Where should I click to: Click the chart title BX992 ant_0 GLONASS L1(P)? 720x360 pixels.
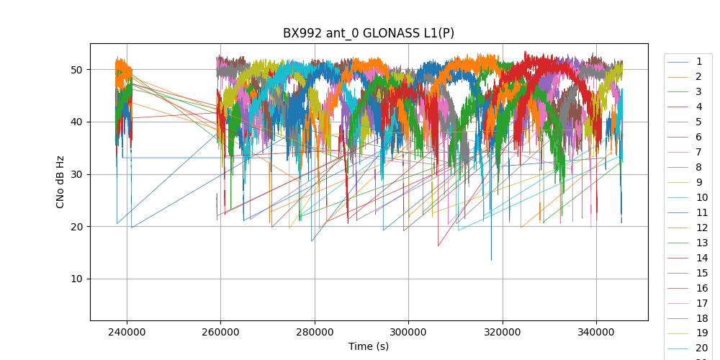tap(368, 33)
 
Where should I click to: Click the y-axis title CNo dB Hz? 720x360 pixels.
tap(60, 181)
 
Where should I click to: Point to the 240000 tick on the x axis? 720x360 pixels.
tap(127, 331)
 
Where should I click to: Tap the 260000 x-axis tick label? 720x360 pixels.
tap(220, 331)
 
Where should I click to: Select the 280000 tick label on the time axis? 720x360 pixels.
tap(315, 331)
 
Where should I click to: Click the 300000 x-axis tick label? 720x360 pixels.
tap(408, 331)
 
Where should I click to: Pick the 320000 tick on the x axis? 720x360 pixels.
tap(503, 331)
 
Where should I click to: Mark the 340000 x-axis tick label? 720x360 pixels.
tap(596, 331)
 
